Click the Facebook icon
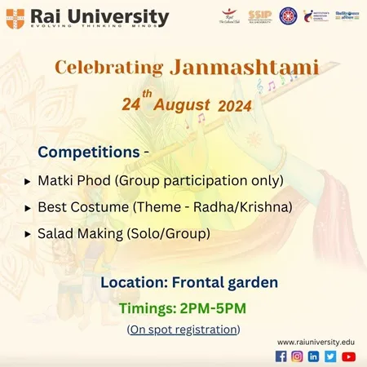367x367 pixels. coord(281,356)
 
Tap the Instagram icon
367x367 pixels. coord(298,356)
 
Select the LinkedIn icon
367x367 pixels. coord(314,356)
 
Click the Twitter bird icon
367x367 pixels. coord(330,356)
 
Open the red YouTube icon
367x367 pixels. coord(349,356)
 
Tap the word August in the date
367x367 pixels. coord(180,105)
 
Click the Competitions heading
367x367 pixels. coord(77,153)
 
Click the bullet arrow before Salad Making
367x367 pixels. coord(28,234)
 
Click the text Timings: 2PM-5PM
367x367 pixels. coord(182,308)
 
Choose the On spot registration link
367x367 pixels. coord(183,329)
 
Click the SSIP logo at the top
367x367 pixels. coord(260,15)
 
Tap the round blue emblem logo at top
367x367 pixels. coord(288,15)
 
